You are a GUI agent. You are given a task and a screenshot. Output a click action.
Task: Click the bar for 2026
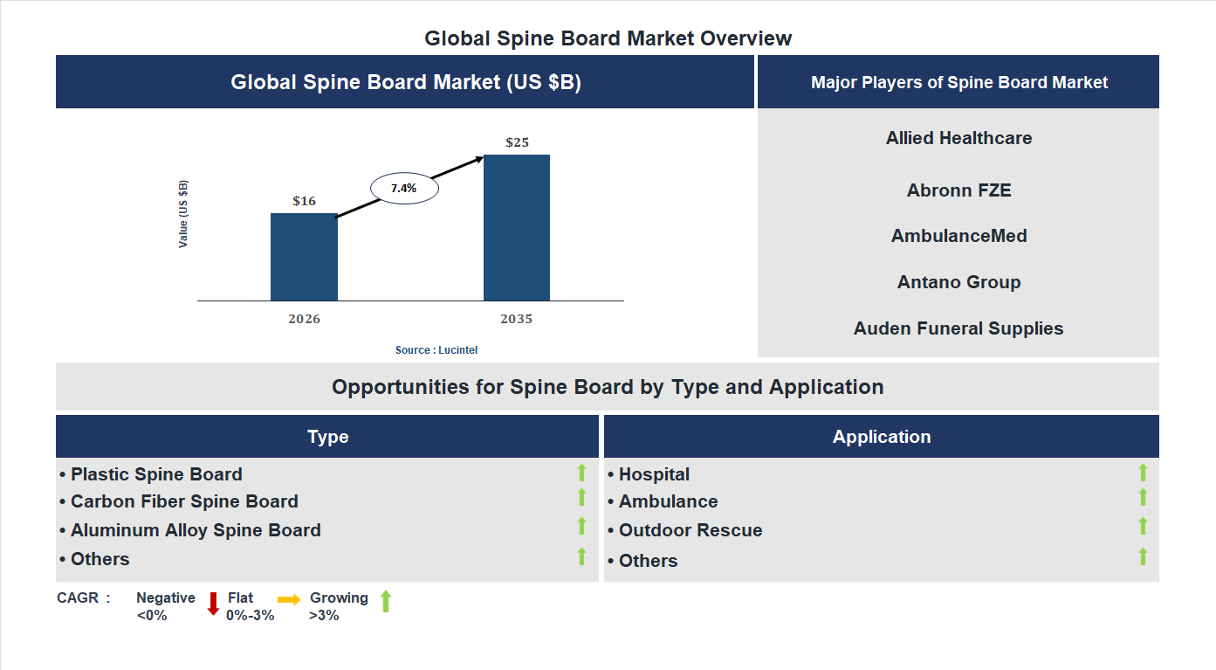coord(304,257)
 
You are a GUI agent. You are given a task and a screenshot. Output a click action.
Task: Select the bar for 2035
coord(517,228)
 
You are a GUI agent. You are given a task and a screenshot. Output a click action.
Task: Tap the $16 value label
coord(304,201)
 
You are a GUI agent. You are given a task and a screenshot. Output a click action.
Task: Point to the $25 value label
coord(517,142)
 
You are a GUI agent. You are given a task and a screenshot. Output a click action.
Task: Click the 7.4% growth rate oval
coord(404,188)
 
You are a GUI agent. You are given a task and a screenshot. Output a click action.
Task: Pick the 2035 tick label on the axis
coord(517,319)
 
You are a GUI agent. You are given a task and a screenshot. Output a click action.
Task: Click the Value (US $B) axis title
coord(183,214)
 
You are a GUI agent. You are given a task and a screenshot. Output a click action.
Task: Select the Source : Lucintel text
coord(436,350)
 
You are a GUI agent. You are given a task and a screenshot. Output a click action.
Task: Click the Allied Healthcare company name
coord(958,138)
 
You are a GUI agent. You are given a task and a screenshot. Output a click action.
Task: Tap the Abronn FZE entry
coord(958,190)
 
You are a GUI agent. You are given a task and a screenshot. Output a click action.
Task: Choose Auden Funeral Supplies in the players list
coord(958,328)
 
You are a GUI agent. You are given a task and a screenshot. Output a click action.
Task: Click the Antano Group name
coord(958,282)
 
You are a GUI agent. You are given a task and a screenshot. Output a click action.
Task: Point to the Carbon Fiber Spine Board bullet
coord(184,501)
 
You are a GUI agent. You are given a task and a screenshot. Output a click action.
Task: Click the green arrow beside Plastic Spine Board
coord(581,473)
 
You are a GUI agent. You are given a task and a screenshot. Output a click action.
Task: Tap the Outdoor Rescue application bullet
coord(690,530)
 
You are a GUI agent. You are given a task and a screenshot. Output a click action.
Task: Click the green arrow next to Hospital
coord(1143,473)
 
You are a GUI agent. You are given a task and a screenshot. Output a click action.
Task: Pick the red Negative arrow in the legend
coord(213,604)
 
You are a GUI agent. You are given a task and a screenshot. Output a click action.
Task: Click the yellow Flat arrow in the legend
coord(289,599)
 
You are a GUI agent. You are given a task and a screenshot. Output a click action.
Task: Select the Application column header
coord(881,437)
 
